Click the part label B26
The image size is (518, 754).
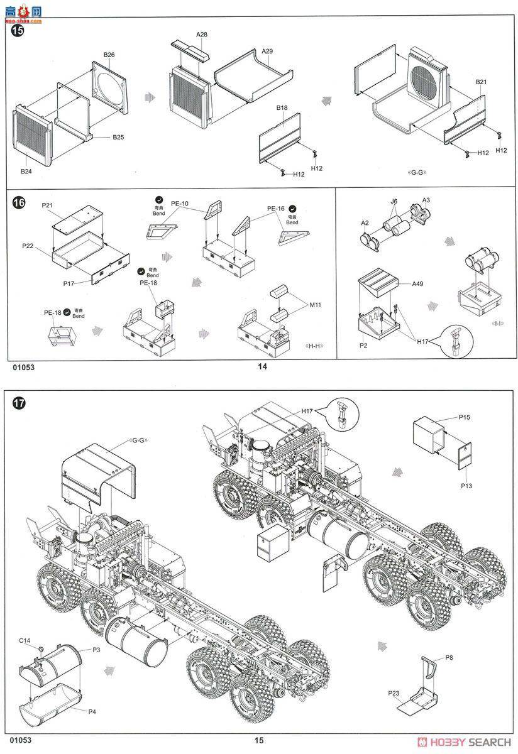[109, 55]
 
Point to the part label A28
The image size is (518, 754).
[202, 34]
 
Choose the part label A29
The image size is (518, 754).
[267, 50]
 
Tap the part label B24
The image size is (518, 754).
[26, 171]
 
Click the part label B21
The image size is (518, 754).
[482, 82]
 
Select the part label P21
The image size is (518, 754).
[47, 205]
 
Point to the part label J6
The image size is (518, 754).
[394, 201]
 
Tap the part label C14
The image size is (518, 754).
[25, 640]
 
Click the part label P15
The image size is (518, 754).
[464, 417]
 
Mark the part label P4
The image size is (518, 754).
[92, 711]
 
